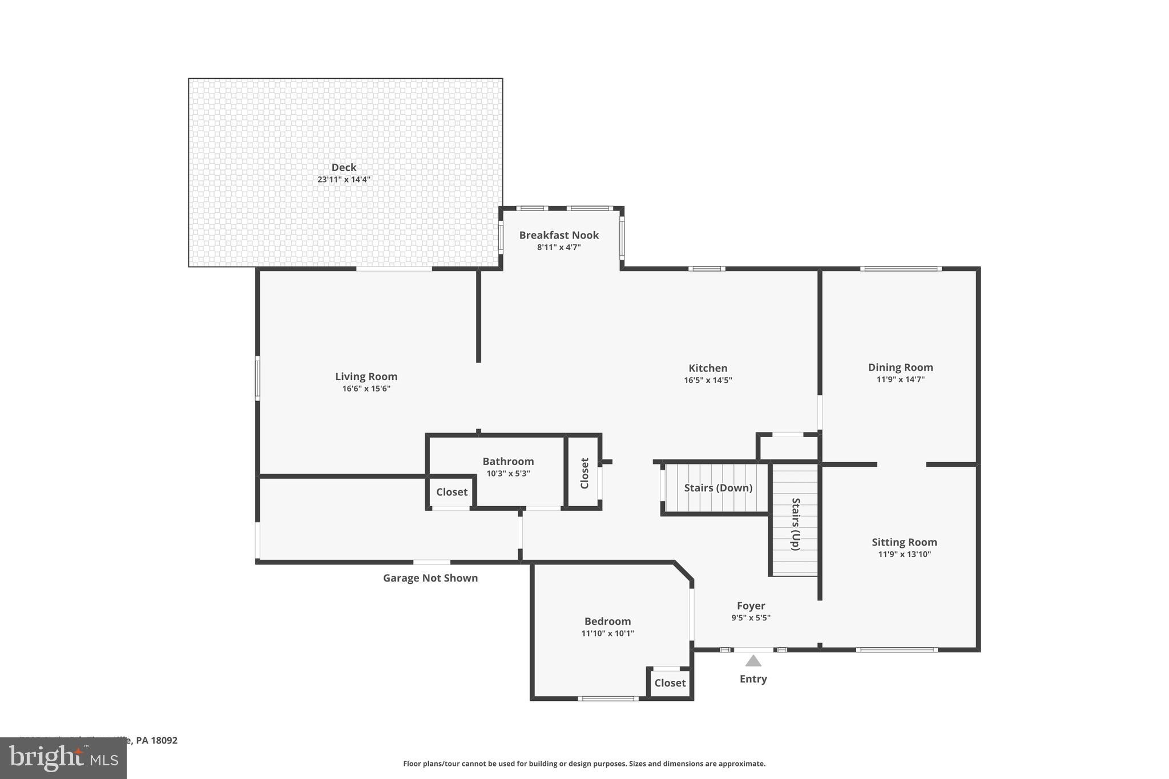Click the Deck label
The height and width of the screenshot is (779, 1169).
pos(344,167)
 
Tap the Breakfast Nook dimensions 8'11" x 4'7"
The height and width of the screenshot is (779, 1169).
pos(558,247)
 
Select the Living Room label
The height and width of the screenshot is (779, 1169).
pos(366,376)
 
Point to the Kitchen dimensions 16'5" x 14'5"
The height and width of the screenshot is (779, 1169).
pos(708,380)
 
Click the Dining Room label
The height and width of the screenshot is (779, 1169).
pos(900,367)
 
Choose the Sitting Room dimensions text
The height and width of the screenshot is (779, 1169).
pos(904,554)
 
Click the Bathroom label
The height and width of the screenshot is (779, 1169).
pos(508,461)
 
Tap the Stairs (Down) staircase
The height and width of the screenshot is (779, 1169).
pos(717,488)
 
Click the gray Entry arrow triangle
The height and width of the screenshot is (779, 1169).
pos(753,661)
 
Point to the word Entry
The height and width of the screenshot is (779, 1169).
pos(753,679)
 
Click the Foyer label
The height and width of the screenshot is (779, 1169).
pos(751,606)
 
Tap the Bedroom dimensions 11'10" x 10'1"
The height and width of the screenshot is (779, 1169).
pos(607,633)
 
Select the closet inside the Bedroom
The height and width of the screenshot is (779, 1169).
pos(670,683)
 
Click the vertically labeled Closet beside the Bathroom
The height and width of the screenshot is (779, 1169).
pos(584,473)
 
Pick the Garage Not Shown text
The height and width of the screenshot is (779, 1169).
pos(430,578)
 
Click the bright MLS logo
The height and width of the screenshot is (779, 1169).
pos(63,758)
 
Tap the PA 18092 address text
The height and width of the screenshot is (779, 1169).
pos(156,740)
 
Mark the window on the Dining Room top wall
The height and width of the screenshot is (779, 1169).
pos(900,268)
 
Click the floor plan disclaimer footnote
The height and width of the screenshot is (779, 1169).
pos(584,764)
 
